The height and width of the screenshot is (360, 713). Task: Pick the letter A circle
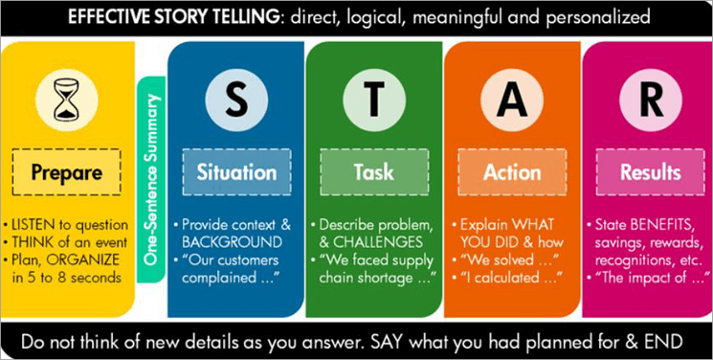coord(511,99)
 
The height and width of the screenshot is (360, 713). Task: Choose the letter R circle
coord(648,99)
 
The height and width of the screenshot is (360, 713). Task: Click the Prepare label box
coord(68,173)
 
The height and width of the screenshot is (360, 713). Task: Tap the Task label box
coord(372,173)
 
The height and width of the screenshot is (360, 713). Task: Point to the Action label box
coord(511,173)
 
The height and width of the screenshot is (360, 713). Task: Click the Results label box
coord(650,173)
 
